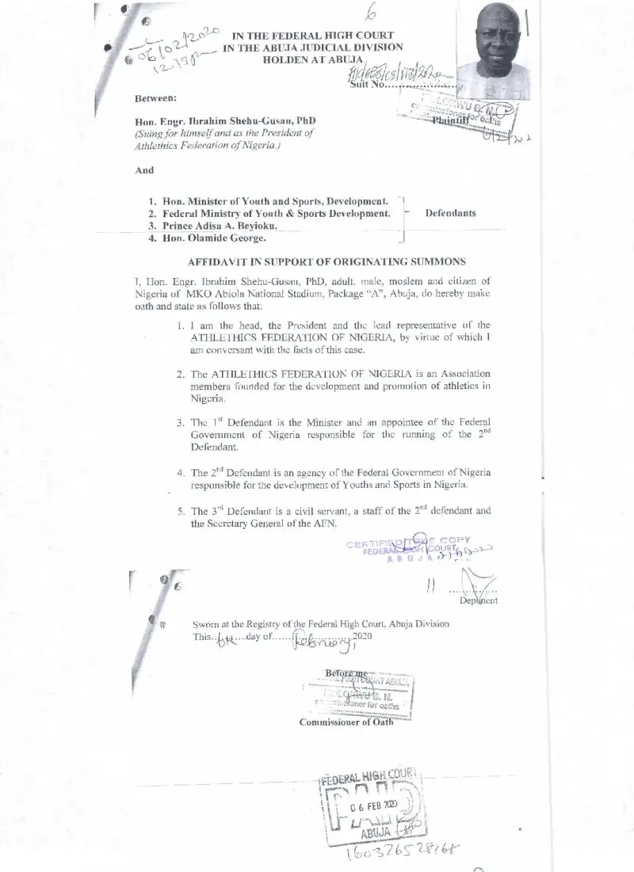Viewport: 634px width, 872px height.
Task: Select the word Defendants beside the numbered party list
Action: (451, 213)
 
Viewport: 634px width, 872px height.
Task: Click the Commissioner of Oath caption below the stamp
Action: (346, 722)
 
